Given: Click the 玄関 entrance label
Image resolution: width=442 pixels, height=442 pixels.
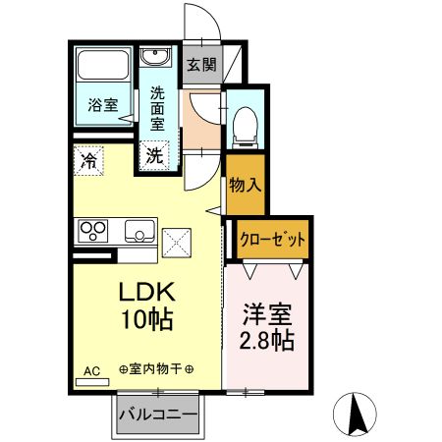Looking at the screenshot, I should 203,67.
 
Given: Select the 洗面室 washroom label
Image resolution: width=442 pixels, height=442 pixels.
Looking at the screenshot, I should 158,108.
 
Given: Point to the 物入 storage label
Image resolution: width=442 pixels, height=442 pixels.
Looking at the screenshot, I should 245,185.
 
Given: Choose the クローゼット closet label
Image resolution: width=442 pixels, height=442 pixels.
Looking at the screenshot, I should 272,239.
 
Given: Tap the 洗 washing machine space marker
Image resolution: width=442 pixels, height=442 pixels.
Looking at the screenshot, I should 155,154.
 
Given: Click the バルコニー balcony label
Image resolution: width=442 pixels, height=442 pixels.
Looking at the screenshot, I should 158,414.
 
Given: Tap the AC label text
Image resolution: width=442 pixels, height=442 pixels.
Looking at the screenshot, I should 90,370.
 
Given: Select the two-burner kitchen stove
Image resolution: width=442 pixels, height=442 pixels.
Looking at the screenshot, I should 93,232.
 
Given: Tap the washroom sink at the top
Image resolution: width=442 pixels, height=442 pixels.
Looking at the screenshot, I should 155,58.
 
